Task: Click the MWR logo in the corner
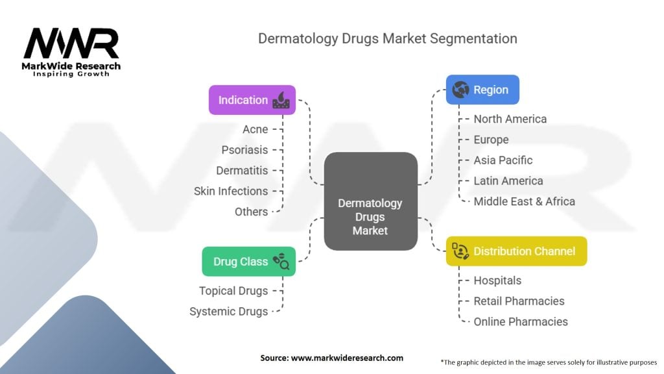tap(72, 51)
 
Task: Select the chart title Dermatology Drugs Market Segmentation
tap(387, 38)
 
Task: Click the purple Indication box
tap(252, 100)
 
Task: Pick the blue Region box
tap(482, 90)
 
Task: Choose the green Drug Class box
tap(248, 262)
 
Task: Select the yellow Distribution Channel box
tap(516, 251)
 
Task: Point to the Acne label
tap(255, 129)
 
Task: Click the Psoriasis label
tap(244, 150)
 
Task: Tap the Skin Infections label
tap(231, 191)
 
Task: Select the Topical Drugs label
tap(233, 291)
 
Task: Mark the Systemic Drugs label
tap(229, 312)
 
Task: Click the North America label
tap(510, 119)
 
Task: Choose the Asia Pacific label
tap(503, 160)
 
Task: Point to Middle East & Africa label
tap(524, 201)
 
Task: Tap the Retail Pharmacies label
tap(519, 301)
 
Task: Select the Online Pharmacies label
tap(521, 321)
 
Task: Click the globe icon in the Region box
tap(461, 90)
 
